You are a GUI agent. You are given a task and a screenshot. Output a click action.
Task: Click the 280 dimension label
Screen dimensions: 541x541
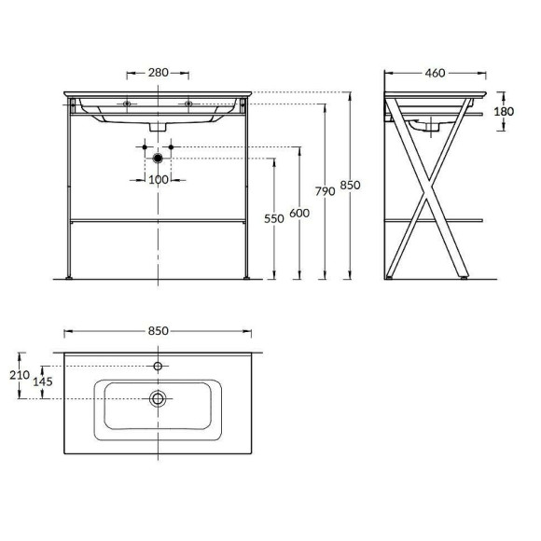click(x=158, y=72)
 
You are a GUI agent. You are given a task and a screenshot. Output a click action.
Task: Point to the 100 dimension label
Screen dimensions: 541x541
click(x=159, y=179)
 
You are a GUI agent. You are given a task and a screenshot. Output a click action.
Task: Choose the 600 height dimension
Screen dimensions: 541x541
click(x=298, y=213)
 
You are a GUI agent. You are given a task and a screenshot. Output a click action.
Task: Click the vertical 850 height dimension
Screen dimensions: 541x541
click(x=348, y=186)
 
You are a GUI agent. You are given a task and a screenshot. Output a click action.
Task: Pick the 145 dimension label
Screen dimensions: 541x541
click(x=44, y=381)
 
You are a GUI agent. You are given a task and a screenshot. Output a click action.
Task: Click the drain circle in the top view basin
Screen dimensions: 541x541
click(x=158, y=398)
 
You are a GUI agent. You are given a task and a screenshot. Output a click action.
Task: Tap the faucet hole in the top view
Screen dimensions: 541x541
click(x=158, y=366)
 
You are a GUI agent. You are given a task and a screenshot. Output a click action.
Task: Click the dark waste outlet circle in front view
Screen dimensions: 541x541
click(x=158, y=159)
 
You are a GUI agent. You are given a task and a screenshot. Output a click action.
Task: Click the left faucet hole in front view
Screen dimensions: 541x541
click(x=128, y=104)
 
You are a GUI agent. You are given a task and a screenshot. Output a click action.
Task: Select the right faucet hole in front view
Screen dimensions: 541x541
click(x=187, y=104)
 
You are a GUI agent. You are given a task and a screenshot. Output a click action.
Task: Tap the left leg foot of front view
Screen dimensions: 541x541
click(x=72, y=277)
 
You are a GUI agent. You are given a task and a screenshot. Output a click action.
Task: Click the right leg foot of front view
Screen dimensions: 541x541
click(x=244, y=277)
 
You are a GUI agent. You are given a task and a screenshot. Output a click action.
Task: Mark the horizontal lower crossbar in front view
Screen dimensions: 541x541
click(x=158, y=220)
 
